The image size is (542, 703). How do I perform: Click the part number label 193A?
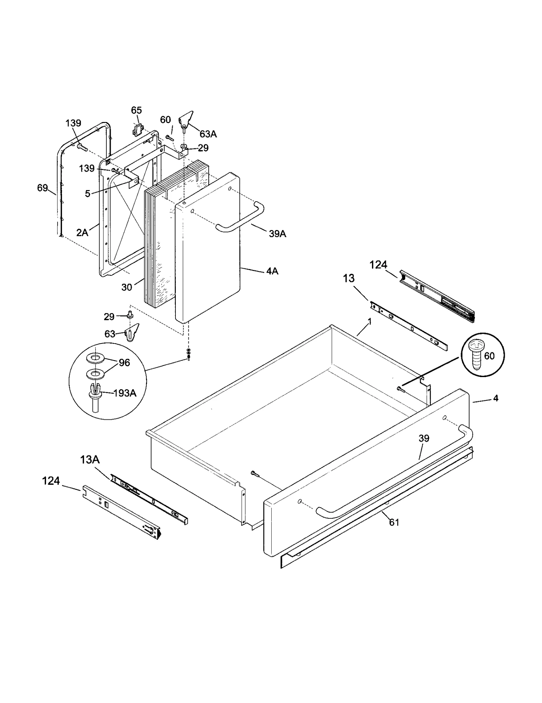pyautogui.click(x=125, y=393)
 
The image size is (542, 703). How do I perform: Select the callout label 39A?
pyautogui.click(x=277, y=234)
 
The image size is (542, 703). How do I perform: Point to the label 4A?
pyautogui.click(x=272, y=271)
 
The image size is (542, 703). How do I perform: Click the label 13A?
pyautogui.click(x=90, y=460)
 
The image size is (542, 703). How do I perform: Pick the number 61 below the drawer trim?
pyautogui.click(x=394, y=522)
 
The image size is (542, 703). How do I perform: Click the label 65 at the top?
pyautogui.click(x=137, y=110)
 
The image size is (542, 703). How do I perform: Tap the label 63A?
pyautogui.click(x=208, y=134)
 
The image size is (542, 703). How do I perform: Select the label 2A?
pyautogui.click(x=82, y=232)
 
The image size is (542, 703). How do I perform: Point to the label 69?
pyautogui.click(x=42, y=188)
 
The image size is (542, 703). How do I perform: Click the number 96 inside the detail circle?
pyautogui.click(x=124, y=363)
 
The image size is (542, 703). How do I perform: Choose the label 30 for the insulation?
pyautogui.click(x=126, y=287)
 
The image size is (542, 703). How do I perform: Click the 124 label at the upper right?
pyautogui.click(x=378, y=265)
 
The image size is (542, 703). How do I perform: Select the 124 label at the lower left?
pyautogui.click(x=51, y=481)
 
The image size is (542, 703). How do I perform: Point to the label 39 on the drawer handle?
pyautogui.click(x=423, y=438)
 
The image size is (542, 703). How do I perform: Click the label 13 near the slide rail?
pyautogui.click(x=349, y=278)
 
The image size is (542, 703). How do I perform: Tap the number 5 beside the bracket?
pyautogui.click(x=87, y=194)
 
